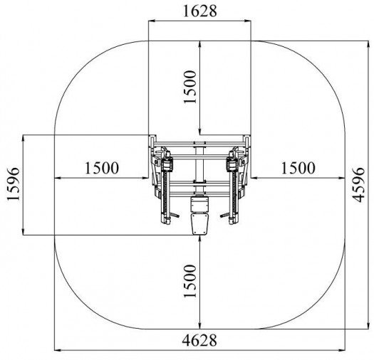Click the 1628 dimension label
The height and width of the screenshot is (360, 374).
pos(200,11)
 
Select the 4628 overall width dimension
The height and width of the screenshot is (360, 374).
pos(199,340)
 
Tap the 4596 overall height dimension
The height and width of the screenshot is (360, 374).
pos(359,185)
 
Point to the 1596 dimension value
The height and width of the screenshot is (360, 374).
pos(13,184)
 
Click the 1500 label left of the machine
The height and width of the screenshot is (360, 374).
pos(102,168)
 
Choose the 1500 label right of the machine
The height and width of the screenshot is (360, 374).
pos(298,168)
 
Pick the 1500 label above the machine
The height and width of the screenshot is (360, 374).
pos(190,87)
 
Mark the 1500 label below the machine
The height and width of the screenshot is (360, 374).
pos(190,281)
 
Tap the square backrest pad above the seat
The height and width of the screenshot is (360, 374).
pos(200,204)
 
